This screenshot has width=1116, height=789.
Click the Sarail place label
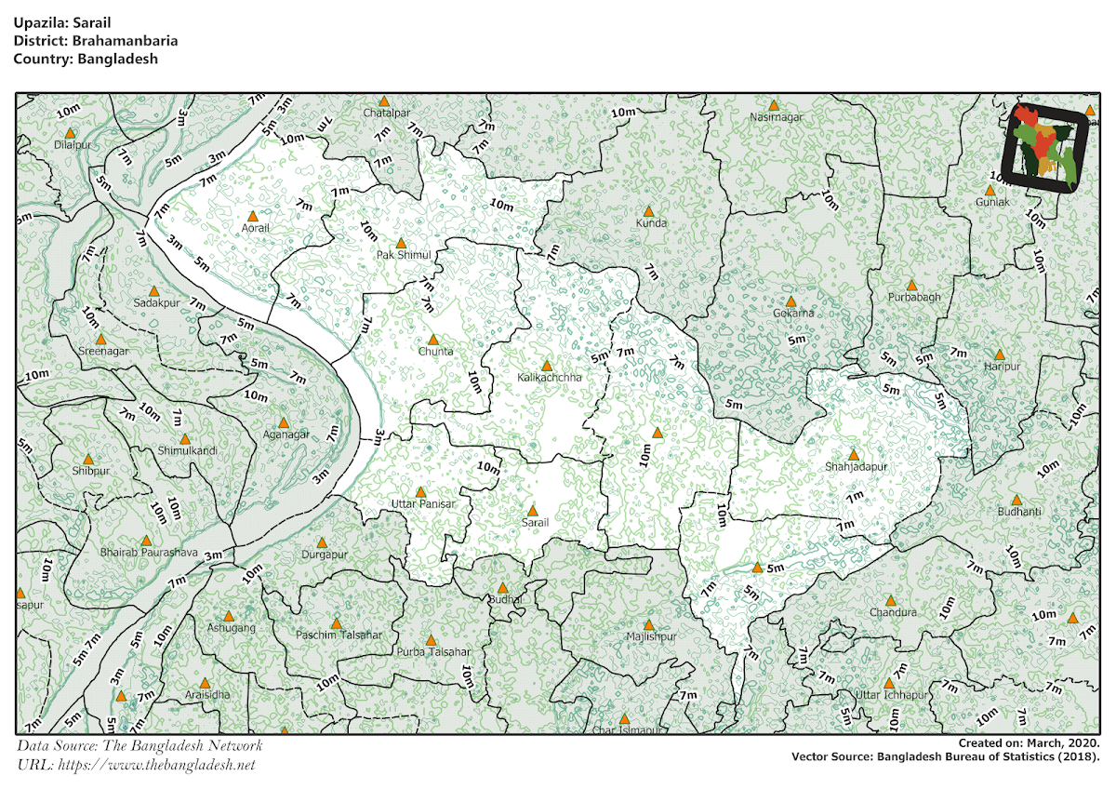[535, 524]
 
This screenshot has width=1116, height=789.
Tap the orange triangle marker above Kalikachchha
[547, 366]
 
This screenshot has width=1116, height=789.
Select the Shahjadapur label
[854, 466]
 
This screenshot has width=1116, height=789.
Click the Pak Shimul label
[402, 255]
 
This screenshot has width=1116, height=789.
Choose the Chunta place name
[435, 352]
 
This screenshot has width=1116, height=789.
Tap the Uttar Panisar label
[423, 504]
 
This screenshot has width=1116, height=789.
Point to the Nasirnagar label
[776, 118]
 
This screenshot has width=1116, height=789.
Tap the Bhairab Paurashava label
[148, 553]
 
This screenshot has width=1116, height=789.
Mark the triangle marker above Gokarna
[791, 301]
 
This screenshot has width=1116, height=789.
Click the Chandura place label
[893, 613]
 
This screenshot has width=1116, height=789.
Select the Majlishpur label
[651, 637]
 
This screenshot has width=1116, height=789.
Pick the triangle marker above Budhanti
[1017, 500]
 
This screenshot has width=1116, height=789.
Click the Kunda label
[651, 224]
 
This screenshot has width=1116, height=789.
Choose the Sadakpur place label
[156, 303]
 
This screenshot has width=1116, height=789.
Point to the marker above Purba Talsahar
[431, 640]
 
